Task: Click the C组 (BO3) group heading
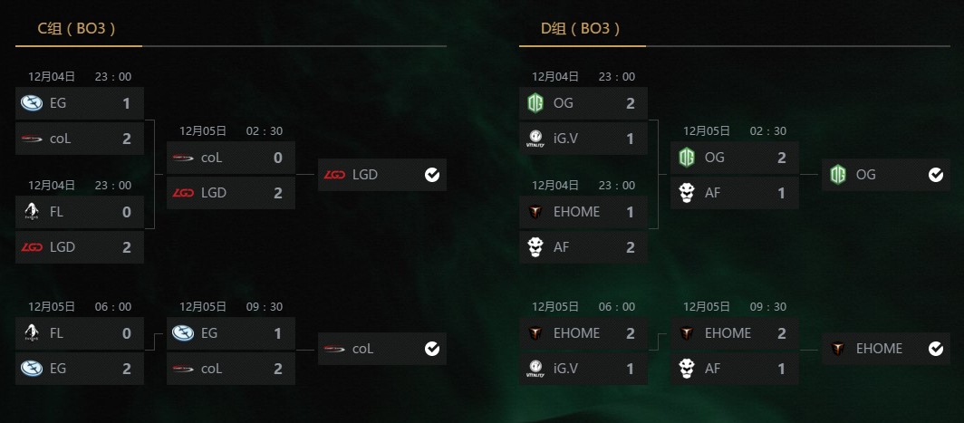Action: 76,29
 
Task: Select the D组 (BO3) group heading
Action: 581,29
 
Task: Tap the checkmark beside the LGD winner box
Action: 432,175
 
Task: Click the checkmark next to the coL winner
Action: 432,348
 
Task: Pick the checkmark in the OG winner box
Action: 936,175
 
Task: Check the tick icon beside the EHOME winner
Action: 936,348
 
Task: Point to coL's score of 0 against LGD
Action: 278,158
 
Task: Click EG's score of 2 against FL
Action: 127,369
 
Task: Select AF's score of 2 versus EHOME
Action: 631,245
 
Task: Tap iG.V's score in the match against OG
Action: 631,139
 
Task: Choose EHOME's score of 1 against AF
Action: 631,212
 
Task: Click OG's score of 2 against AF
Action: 782,158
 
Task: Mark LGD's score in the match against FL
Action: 127,245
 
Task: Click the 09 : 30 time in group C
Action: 265,307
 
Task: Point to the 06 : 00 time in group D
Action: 616,307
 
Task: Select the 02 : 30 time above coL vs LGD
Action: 265,131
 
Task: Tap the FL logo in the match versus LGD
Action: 31,212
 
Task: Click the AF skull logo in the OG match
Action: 686,192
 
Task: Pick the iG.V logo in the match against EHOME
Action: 535,369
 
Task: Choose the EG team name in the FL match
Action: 58,369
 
